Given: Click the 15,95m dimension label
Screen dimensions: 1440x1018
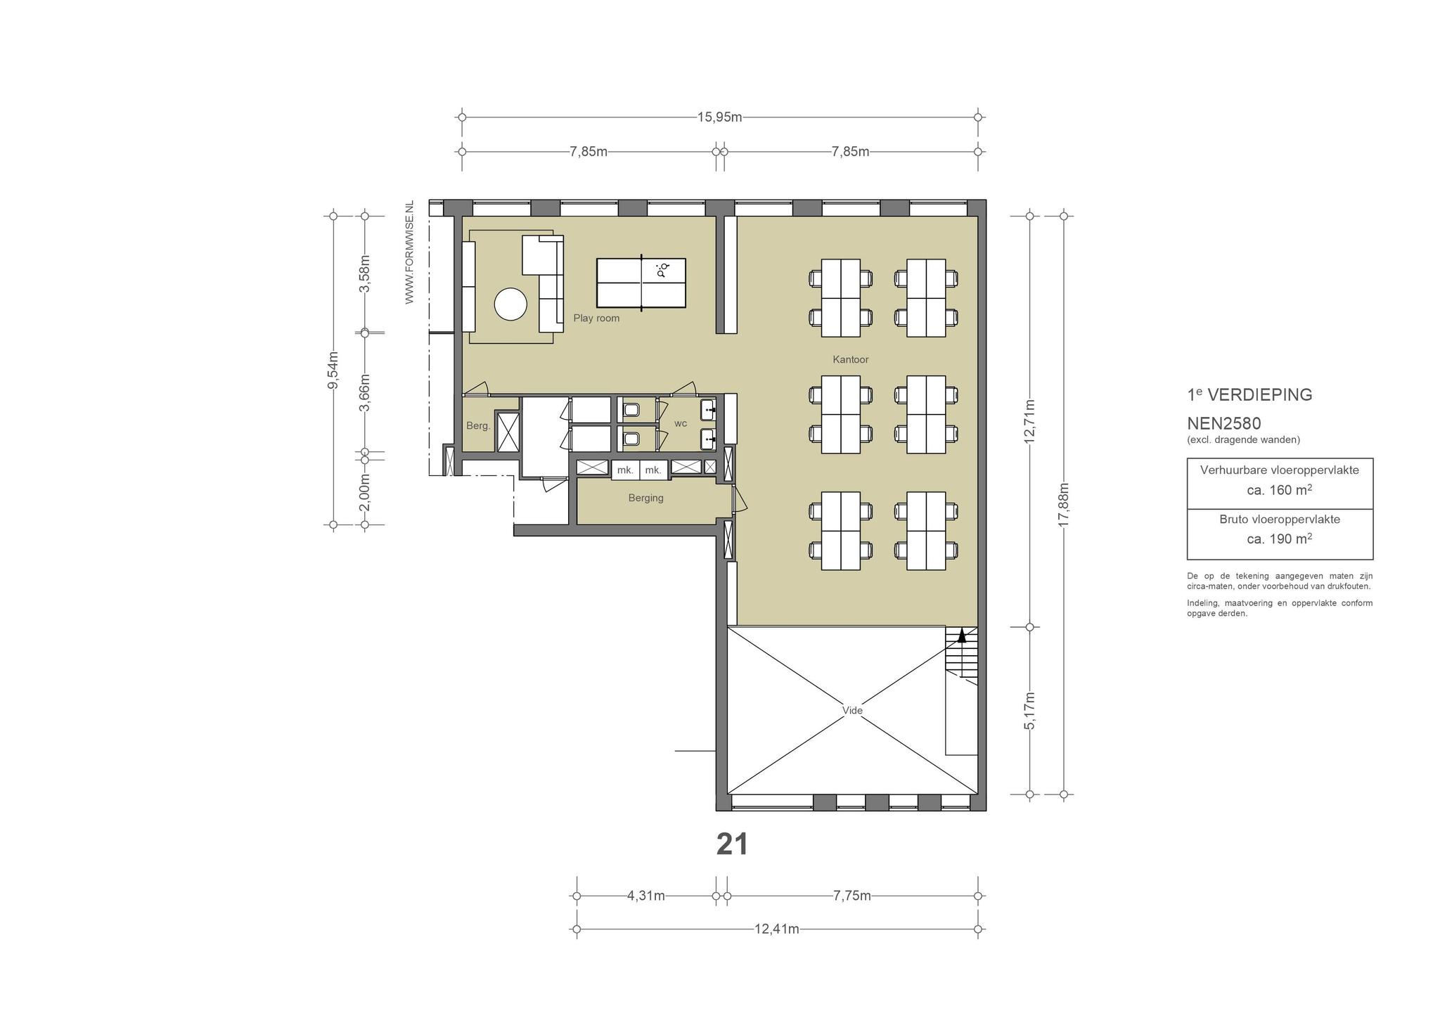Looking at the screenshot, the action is tap(719, 117).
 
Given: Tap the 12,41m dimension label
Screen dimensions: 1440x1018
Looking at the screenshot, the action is tap(777, 929).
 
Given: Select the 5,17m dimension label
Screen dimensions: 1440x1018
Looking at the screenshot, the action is tap(1030, 711).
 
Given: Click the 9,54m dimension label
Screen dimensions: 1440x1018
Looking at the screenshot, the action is tap(333, 370).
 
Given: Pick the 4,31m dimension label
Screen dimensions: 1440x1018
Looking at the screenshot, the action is tap(646, 896).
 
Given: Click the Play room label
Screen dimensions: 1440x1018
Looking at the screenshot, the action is tap(596, 318).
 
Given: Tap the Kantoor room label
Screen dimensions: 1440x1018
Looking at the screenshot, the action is tap(851, 359).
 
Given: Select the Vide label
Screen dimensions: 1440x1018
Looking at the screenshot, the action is tap(852, 710).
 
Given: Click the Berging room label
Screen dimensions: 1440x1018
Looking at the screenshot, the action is tap(645, 498).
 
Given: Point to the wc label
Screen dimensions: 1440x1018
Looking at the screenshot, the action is tap(681, 423).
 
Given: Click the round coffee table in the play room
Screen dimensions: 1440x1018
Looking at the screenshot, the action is tap(510, 304).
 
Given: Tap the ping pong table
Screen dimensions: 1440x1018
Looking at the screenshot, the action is tap(641, 283).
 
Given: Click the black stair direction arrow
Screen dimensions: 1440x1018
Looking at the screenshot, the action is tap(963, 636).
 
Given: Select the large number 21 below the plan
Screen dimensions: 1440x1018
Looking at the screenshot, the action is tap(732, 844).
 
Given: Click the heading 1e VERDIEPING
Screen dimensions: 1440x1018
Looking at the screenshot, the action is tap(1249, 394).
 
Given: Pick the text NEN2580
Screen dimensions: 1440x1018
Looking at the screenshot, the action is tap(1224, 423).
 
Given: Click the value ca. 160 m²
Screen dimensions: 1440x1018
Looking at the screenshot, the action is tap(1280, 490).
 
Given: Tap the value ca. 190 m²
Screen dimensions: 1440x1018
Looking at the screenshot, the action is tap(1280, 539).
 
